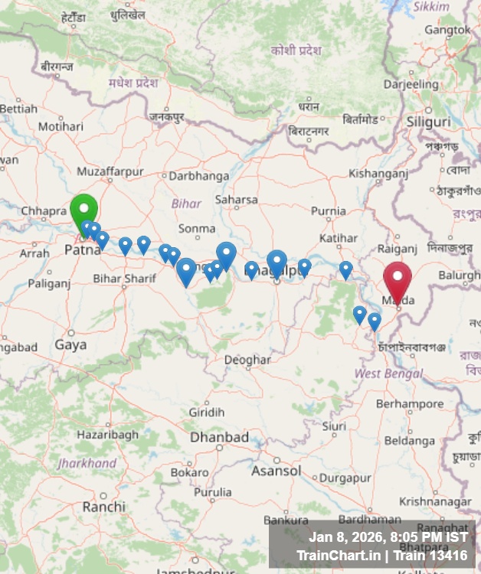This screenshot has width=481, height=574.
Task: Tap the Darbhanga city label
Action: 198,176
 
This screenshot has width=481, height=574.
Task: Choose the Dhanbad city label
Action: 219,437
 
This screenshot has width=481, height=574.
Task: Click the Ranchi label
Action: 103,507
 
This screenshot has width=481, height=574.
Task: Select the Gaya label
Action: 70,345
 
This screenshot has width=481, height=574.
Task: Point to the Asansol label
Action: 276,471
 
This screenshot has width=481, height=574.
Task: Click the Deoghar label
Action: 247,360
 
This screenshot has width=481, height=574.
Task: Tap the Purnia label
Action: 329,211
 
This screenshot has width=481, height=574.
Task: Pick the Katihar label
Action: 339,239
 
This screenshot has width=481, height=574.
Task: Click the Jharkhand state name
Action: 87,464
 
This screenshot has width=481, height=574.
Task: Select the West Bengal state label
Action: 388,373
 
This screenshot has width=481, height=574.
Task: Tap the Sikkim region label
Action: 432,6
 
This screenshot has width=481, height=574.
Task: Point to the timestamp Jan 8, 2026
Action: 345,537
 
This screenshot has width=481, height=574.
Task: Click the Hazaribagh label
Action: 108,435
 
